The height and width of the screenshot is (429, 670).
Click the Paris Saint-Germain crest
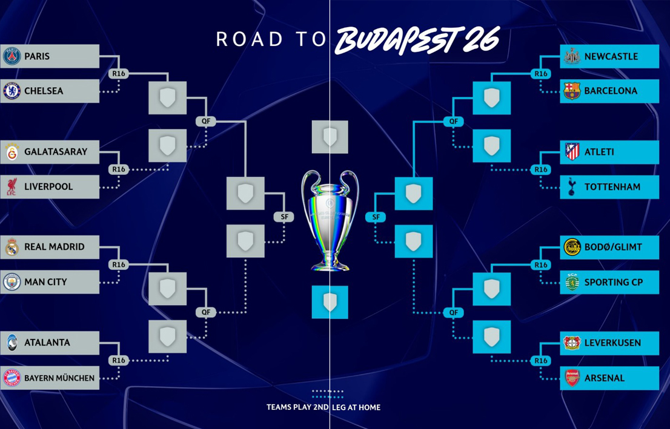tap(12, 56)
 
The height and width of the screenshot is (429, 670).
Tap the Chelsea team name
tap(44, 91)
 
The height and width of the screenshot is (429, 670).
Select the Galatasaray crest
tap(12, 152)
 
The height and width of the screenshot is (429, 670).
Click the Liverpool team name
tap(48, 187)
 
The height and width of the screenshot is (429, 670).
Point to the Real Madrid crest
tap(12, 247)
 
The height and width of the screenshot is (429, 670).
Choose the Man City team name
tap(45, 282)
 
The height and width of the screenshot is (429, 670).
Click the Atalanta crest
tap(12, 342)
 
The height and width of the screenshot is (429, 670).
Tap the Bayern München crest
tap(12, 378)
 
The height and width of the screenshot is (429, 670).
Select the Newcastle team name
tap(611, 57)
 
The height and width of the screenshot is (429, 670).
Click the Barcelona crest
tap(572, 91)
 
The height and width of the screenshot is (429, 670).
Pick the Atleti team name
tap(599, 152)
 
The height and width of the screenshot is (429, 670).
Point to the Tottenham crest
tap(572, 187)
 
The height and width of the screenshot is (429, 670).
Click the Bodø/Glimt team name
tap(613, 247)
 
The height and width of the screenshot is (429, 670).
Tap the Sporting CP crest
tap(572, 282)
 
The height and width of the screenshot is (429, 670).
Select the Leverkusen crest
tap(572, 343)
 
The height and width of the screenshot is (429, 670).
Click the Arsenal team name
tap(604, 378)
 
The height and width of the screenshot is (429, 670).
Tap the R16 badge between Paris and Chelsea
tap(118, 74)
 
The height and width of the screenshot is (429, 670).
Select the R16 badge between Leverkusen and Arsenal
tap(540, 361)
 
